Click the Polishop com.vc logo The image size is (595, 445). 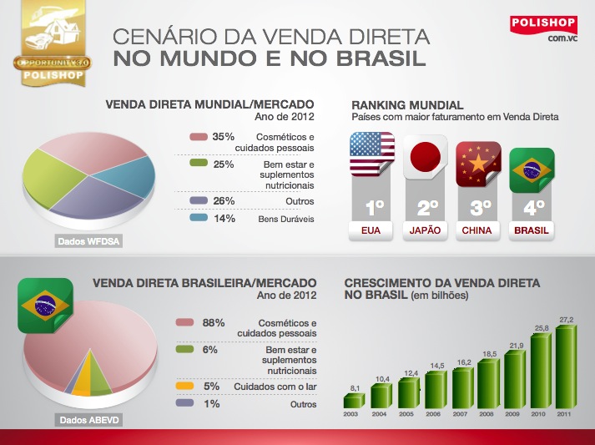click(544, 28)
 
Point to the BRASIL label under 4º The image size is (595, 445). click(532, 230)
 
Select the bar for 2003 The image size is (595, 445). click(353, 399)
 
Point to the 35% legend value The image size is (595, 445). click(223, 137)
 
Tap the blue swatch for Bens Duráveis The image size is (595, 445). click(197, 219)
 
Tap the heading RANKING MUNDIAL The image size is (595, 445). click(407, 105)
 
